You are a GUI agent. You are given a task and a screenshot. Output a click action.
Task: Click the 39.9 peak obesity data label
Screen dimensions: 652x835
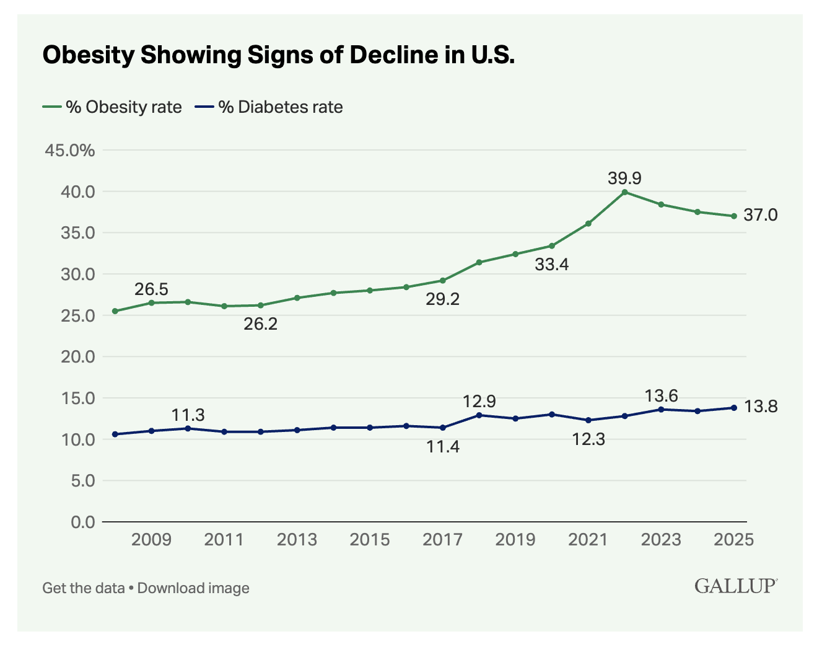coord(624,178)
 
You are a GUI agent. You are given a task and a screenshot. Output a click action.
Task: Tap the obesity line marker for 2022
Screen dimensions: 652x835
coord(624,192)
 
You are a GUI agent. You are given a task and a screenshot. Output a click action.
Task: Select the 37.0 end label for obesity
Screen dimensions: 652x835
coord(760,215)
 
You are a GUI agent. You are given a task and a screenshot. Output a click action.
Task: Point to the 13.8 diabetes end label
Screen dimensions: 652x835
coord(760,407)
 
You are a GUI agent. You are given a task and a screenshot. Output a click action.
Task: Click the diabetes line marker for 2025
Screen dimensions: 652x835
coord(734,407)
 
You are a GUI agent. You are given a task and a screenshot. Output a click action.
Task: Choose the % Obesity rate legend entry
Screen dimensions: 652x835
coord(112,107)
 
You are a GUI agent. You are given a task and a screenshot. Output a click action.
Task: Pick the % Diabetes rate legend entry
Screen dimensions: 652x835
coord(269,107)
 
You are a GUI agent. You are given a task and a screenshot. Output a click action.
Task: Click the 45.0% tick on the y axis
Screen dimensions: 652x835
coord(70,151)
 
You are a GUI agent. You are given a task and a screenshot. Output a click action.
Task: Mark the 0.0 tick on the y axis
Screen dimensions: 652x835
coord(82,522)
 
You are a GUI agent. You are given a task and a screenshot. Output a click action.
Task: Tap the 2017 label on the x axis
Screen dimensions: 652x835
coord(442,540)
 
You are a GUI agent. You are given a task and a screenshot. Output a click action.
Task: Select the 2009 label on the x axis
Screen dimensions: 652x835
coord(151,540)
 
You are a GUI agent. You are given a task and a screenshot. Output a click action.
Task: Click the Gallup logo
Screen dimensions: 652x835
coord(735,586)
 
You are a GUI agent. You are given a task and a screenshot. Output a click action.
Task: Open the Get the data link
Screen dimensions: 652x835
coord(83,588)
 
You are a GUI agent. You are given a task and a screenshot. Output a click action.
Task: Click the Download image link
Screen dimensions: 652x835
coord(193,588)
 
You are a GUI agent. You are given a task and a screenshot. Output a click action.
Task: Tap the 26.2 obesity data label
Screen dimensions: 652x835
coord(260,324)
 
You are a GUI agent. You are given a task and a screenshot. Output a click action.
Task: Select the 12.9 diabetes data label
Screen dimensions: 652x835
coord(479,402)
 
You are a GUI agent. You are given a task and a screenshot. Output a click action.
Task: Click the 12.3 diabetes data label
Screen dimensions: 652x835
coord(588,439)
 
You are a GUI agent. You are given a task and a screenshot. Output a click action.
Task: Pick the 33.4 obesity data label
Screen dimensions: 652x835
coord(551,265)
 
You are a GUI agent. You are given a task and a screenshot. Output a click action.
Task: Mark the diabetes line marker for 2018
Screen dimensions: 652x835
coord(479,415)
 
